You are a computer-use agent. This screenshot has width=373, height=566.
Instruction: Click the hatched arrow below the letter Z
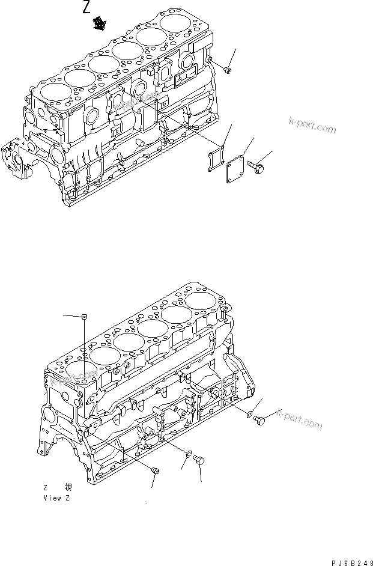98,23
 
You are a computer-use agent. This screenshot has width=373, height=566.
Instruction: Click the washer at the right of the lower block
249,413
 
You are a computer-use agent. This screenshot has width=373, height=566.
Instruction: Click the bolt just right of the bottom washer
201,461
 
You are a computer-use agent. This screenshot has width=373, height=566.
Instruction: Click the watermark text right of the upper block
312,125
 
